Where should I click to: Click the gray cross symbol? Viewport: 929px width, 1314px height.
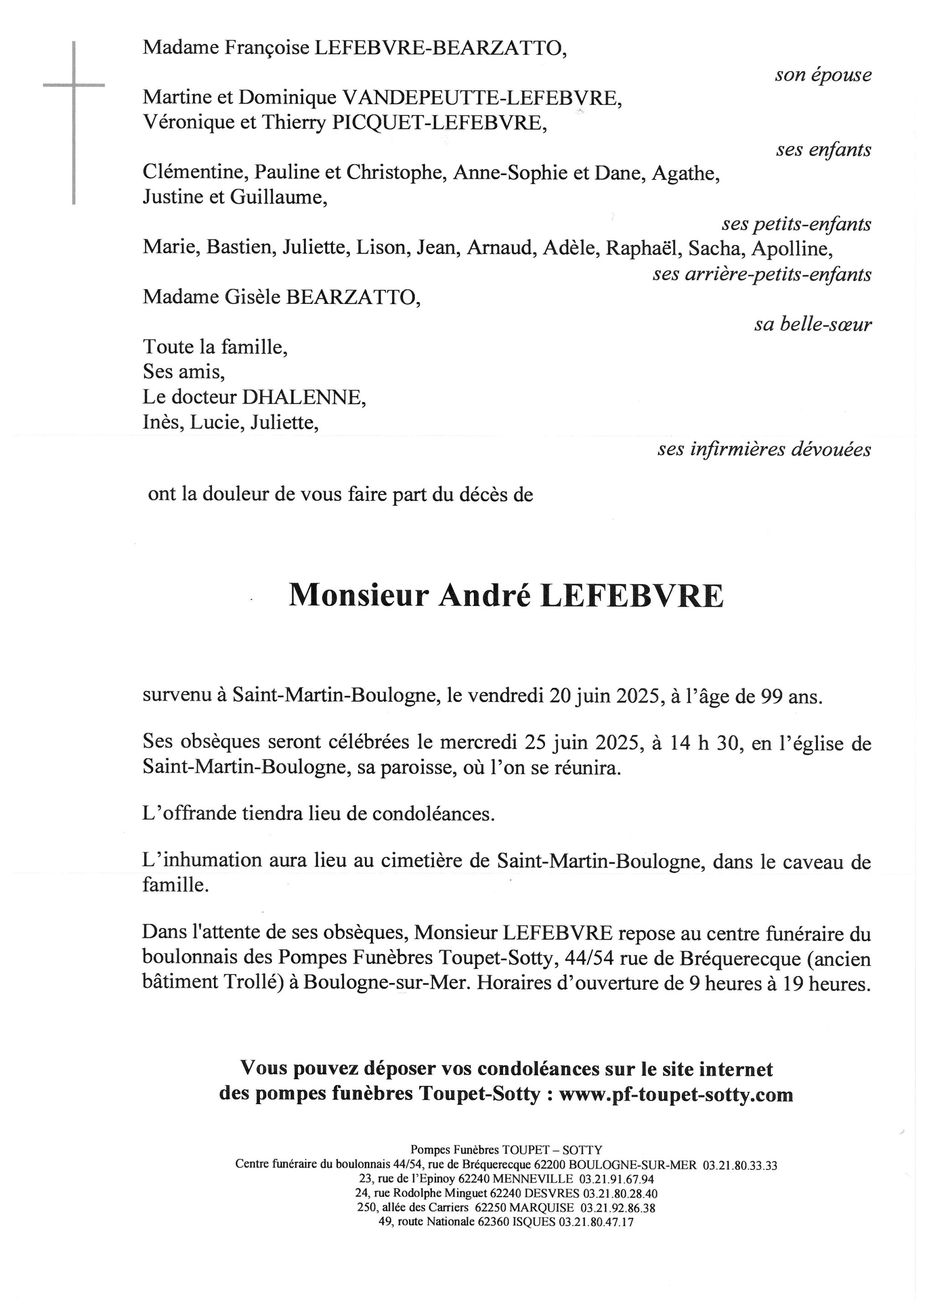click(74, 86)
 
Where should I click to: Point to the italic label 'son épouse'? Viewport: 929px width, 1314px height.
click(823, 75)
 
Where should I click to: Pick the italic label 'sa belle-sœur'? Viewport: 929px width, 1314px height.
click(812, 324)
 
